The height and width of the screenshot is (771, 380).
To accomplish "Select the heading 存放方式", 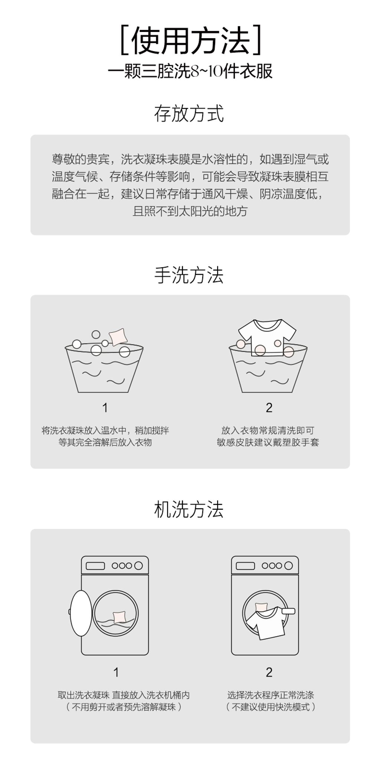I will click(189, 114).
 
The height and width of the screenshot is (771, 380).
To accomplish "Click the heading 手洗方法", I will click(189, 275).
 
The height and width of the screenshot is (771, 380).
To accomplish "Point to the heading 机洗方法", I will click(189, 509).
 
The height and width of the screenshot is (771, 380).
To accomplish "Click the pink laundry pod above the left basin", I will click(118, 337).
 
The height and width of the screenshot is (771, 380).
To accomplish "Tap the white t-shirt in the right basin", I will click(267, 334).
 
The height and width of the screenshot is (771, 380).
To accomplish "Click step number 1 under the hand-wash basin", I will click(105, 408).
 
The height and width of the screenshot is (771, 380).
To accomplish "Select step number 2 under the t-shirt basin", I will click(269, 408).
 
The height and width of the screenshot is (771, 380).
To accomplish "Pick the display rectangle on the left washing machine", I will click(95, 566).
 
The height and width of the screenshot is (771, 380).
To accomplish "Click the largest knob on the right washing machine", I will click(289, 566).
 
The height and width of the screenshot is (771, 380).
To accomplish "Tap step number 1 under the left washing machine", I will click(116, 672).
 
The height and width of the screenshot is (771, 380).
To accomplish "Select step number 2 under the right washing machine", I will click(269, 672).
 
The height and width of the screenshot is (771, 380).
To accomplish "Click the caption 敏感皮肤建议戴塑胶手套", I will click(268, 442).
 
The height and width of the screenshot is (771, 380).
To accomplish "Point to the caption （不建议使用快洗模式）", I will click(271, 707).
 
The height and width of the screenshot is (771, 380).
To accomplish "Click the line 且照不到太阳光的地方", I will click(190, 212).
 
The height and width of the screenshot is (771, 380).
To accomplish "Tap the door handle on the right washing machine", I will click(288, 611).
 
